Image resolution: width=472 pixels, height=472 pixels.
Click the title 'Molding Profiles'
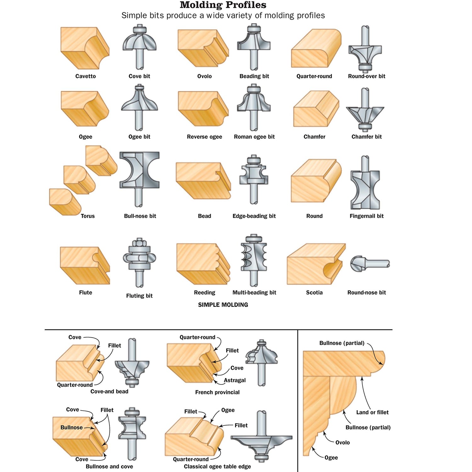coord(223,5)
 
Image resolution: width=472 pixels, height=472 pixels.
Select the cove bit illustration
coord(139,47)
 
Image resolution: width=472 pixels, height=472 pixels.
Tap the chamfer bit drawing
coord(365,110)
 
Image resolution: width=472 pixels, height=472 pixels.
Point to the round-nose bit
coord(370,264)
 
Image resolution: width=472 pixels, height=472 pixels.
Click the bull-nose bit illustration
coord(139,178)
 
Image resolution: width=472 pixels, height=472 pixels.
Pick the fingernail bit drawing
coord(365,184)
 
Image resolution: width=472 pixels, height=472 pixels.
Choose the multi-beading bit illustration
coord(254,260)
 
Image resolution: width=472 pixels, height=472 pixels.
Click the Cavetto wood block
coord(84,48)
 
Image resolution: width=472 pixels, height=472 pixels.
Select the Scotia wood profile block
coord(315,264)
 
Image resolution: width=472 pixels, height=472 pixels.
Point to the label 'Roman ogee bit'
coord(254,137)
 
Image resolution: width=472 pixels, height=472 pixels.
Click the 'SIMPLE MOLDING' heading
coord(223,305)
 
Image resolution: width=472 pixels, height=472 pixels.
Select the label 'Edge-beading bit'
coord(254,216)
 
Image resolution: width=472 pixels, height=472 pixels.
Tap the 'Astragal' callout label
coord(235,380)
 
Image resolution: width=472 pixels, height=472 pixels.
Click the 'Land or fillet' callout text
coord(372,412)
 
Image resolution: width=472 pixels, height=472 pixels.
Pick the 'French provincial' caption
coord(217,392)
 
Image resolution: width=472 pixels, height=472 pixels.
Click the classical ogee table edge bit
coord(261,437)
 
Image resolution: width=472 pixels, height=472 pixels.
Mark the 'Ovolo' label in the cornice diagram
coord(342,442)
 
